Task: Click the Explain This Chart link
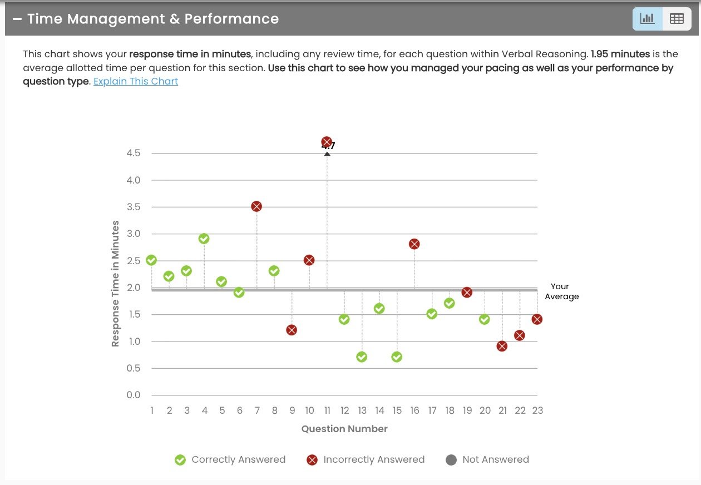pos(136,81)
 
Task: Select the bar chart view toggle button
pos(648,19)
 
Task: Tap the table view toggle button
pos(677,19)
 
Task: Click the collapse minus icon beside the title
pos(17,19)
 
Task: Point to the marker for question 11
pos(327,142)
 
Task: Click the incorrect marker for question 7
pos(256,206)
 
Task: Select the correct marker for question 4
pos(204,239)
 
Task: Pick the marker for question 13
pos(362,357)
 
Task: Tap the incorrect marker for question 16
pos(414,244)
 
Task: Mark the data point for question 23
pos(537,319)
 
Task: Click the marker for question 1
pos(151,260)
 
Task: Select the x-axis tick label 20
pos(485,411)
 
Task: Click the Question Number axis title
pos(344,429)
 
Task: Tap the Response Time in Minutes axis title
pos(116,284)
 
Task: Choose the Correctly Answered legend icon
pos(180,460)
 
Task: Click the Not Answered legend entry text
pos(495,460)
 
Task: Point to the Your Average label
pos(561,291)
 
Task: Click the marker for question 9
pos(292,330)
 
